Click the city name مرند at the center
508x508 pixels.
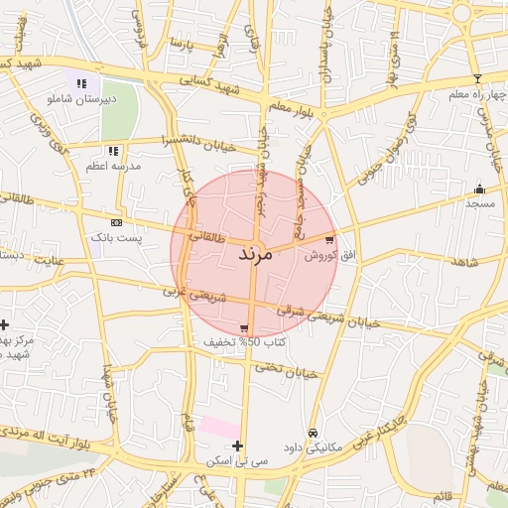(x=254, y=255)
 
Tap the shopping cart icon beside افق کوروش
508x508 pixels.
(x=328, y=238)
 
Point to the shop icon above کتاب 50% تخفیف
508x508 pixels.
(x=244, y=327)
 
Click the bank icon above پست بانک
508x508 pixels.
(x=117, y=222)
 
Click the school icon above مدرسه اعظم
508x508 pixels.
(x=113, y=151)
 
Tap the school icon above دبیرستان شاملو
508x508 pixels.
(x=80, y=83)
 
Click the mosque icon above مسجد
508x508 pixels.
(x=480, y=189)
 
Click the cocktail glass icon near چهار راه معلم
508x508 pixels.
(x=477, y=78)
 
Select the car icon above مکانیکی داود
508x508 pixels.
(x=313, y=433)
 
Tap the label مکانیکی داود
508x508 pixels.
(x=313, y=447)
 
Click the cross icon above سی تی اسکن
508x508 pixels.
(x=237, y=445)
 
